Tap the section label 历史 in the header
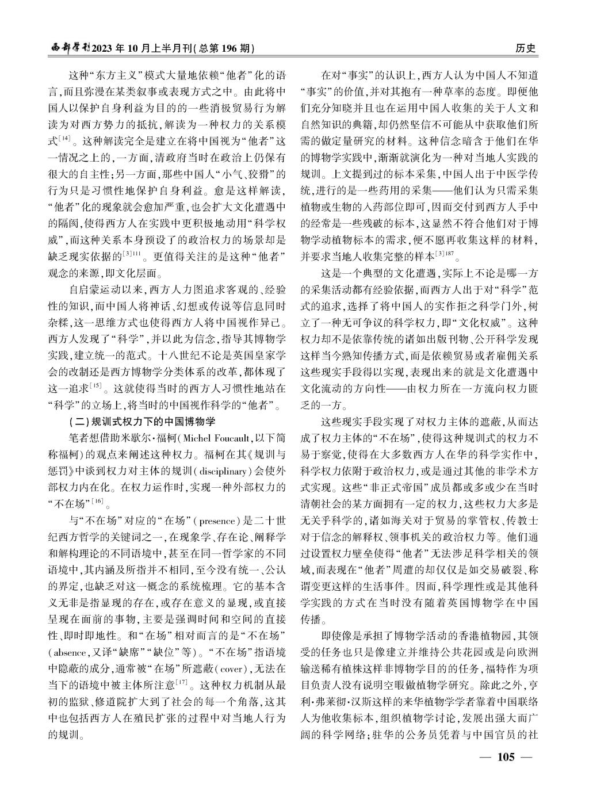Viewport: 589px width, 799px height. (526, 48)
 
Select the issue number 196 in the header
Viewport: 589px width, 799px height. (231, 48)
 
